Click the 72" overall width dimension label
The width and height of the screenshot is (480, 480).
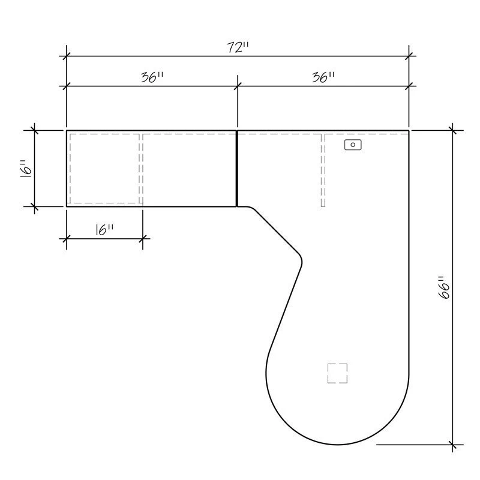coord(238,48)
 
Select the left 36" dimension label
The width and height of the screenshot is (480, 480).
coord(152,77)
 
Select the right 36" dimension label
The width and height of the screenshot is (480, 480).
coord(323,77)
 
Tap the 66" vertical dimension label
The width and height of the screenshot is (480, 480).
coord(445,288)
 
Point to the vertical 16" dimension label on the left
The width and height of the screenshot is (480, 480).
coord(25,168)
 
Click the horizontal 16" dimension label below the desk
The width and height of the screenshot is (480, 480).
coord(104,230)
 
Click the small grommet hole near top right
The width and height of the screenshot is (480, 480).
coord(353,145)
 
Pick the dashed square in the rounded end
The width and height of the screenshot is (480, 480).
coord(338,373)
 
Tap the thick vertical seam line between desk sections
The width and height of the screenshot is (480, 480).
coord(238,168)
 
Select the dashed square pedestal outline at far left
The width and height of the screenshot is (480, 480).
coord(105,168)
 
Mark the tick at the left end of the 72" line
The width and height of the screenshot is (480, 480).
coord(67,56)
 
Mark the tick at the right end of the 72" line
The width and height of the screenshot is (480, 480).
coord(409,56)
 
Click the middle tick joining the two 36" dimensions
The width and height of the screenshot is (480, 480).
coord(238,86)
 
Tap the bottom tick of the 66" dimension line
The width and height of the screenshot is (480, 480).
coord(453,445)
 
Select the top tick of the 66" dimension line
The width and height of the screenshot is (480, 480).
coord(453,130)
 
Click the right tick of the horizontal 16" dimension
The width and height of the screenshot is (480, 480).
coord(143,238)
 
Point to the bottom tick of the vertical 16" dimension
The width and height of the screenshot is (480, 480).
coord(34,206)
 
